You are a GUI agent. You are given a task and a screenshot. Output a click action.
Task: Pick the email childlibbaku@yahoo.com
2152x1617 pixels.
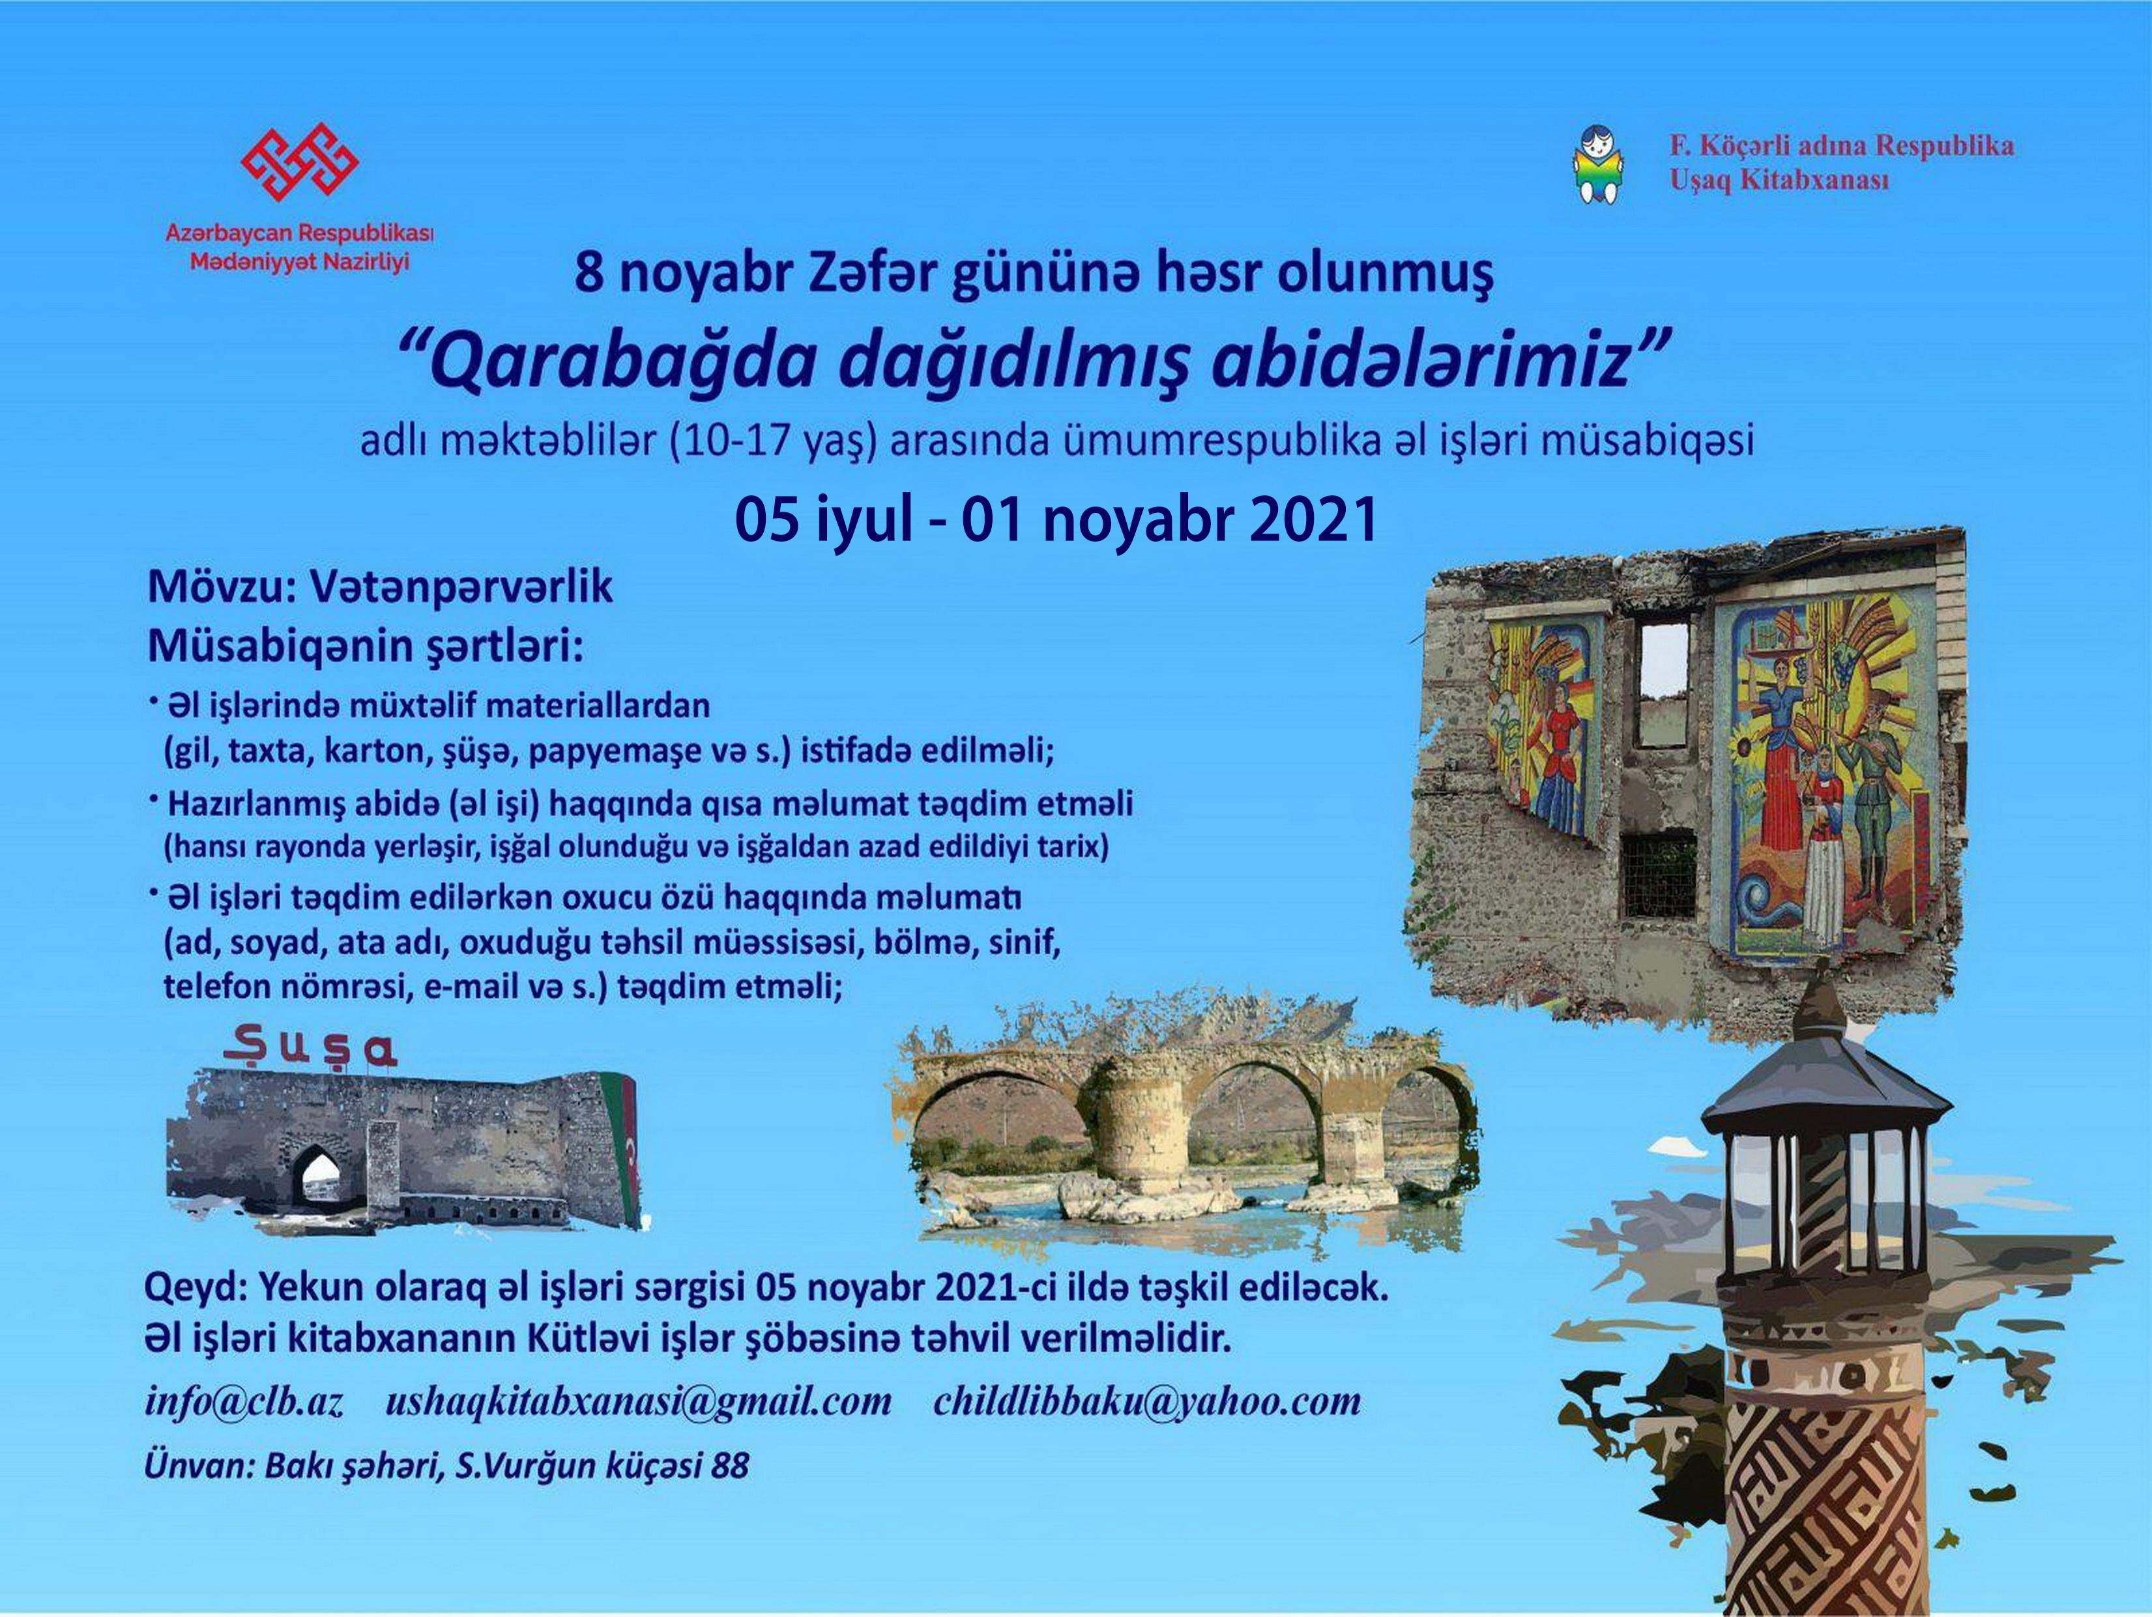point(1147,1402)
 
